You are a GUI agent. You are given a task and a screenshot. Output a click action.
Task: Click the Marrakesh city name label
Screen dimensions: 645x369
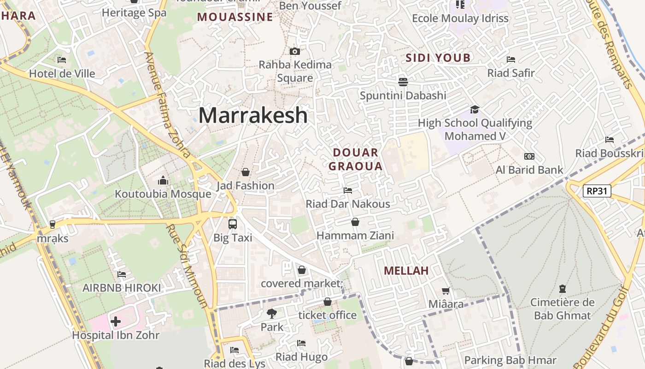click(x=253, y=115)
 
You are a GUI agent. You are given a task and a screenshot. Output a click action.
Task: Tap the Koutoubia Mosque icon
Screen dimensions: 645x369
click(x=163, y=180)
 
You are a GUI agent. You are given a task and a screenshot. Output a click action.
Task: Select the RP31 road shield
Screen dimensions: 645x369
click(x=597, y=191)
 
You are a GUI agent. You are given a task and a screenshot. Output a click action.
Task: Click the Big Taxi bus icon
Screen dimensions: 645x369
click(x=233, y=224)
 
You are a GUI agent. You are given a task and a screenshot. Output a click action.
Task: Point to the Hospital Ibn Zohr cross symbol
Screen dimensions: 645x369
click(x=116, y=321)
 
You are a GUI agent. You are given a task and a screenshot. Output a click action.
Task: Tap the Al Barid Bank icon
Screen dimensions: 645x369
click(x=529, y=156)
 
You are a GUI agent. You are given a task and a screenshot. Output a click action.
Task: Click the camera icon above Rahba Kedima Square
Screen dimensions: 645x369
click(x=295, y=51)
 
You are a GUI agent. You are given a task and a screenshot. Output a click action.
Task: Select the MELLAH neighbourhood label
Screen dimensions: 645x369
click(x=406, y=271)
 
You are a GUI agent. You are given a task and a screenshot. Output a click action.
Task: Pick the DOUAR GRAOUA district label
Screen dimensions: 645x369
click(x=356, y=159)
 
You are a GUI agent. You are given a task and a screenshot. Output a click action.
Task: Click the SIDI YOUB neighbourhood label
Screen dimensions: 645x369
click(x=438, y=58)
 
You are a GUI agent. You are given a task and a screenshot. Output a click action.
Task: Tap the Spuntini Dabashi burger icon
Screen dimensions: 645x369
click(x=403, y=82)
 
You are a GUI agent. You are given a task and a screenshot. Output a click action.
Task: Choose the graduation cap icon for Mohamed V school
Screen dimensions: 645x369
click(x=475, y=109)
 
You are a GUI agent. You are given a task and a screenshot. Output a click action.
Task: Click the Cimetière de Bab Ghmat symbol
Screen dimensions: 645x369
click(x=562, y=289)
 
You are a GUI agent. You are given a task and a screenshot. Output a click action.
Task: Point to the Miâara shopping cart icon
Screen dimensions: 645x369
click(x=446, y=291)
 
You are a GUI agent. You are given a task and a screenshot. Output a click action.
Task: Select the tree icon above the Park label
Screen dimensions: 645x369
click(x=272, y=314)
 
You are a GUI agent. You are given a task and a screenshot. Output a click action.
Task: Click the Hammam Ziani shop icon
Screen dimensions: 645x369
click(x=355, y=222)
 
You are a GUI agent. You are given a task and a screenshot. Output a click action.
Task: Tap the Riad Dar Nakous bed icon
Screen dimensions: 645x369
click(x=348, y=190)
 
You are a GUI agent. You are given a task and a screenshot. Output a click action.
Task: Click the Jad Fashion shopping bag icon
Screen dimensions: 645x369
click(x=246, y=172)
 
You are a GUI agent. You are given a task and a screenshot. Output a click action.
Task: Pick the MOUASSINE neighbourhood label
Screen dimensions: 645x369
click(x=235, y=17)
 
